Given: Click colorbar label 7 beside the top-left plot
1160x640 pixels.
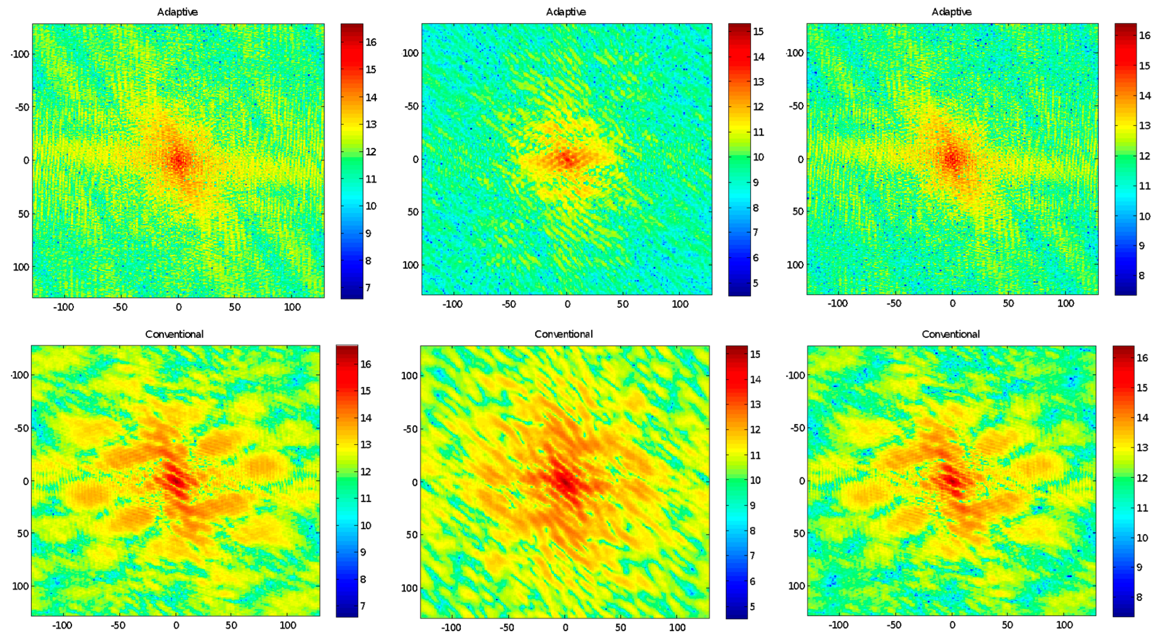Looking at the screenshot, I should pos(368,287).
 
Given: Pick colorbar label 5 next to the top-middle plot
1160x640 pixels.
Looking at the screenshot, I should pos(755,283).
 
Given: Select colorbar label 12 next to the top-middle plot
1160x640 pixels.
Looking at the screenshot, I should pos(758,107).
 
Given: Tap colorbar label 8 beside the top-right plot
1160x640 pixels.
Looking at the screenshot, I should pos(1141,275).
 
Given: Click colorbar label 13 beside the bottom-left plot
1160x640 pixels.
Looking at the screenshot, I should pos(366,444).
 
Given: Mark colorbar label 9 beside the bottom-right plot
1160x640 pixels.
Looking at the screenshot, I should pos(1139,567).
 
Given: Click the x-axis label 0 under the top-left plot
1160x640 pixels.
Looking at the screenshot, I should pos(178,307).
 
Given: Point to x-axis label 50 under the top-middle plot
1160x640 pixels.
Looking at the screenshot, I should pos(622,304).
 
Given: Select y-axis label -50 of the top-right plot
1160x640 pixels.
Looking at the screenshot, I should pos(796,106).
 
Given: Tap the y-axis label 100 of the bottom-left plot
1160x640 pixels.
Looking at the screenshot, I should pos(21,586).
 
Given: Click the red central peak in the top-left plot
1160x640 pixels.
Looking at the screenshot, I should pos(178,160).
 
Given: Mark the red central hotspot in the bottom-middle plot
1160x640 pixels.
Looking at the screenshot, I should pos(566,482).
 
